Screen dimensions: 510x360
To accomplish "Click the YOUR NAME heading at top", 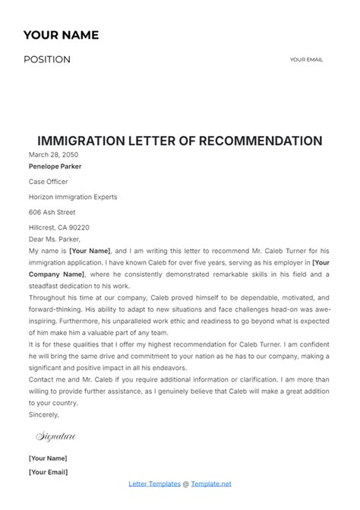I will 61,35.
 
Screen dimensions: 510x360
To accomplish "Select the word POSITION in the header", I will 47,60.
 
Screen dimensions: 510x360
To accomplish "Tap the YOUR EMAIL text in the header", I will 308,60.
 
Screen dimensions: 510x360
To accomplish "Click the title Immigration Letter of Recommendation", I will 180,141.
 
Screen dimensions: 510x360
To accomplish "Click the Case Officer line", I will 48,182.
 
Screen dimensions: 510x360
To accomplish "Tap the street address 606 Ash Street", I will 52,212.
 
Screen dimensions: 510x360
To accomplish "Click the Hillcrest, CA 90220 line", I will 59,227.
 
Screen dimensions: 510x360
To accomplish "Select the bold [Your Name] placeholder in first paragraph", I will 90,251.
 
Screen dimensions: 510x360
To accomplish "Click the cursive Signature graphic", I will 55,437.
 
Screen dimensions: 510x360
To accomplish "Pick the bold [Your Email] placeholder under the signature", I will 48,472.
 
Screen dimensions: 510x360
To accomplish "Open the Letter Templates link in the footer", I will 154,483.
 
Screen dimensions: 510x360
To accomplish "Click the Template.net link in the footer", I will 211,483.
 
